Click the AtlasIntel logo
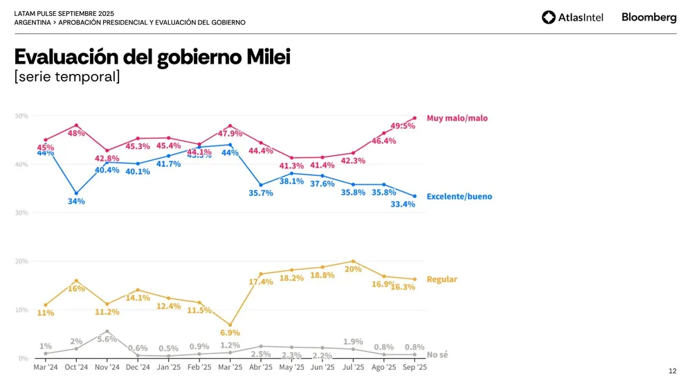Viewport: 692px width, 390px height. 572,17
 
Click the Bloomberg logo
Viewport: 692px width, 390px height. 648,17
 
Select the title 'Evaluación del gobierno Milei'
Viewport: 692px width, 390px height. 152,57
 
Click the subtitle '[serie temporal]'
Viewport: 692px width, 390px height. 67,77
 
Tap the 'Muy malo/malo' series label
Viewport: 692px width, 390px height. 457,118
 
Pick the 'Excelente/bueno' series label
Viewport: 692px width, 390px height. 459,197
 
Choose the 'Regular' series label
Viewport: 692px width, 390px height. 441,279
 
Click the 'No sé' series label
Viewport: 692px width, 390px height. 437,355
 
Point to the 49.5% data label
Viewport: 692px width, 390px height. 403,126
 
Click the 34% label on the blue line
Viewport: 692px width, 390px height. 76,202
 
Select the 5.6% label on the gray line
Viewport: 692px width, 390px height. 107,339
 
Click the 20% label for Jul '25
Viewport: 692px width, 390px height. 353,269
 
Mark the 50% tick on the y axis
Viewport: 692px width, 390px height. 21,116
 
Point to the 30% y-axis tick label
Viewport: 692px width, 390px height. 21,213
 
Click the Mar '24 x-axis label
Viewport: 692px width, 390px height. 46,367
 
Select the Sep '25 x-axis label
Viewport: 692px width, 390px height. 415,367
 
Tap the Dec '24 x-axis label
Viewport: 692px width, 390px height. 138,367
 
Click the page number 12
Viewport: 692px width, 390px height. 673,372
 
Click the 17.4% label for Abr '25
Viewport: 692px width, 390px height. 261,282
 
